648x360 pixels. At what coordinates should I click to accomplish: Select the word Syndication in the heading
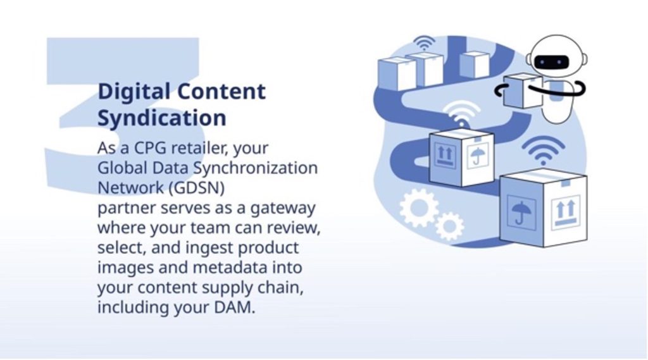coord(161,118)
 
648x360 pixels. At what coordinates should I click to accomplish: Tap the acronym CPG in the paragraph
coord(151,148)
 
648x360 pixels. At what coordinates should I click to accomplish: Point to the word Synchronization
coord(256,168)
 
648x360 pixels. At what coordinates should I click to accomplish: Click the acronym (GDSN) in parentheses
coord(196,188)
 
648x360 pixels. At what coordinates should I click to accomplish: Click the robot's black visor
coord(552,63)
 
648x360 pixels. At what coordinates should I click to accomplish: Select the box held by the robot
coord(523,91)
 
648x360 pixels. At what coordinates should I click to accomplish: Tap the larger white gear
coord(420,208)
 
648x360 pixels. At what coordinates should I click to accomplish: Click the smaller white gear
coord(449,226)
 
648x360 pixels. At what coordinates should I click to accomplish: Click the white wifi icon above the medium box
coord(461,115)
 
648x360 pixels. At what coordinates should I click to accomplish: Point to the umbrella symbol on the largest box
coord(521,213)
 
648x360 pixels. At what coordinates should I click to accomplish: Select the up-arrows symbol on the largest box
coord(566,211)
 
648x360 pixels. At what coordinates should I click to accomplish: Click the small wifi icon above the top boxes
coord(424,43)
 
